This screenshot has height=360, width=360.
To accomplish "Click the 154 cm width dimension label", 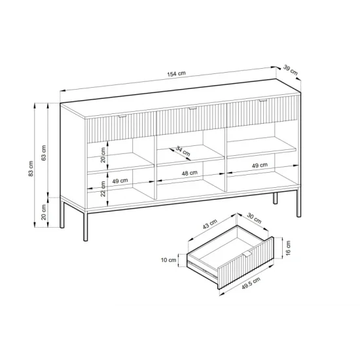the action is (x=176, y=74).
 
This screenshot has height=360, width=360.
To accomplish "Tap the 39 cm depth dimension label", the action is (x=291, y=70).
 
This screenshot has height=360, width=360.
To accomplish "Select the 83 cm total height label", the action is (x=31, y=168).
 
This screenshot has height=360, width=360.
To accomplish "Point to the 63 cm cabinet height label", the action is (x=44, y=153).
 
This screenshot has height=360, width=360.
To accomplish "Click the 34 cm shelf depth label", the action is (x=183, y=151).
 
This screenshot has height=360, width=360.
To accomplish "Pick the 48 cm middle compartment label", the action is (x=189, y=173).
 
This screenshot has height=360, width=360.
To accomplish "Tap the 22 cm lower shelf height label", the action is (x=103, y=189).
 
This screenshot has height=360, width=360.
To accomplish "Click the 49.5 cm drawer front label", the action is (x=251, y=283).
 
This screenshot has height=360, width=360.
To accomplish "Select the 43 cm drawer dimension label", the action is (x=210, y=224).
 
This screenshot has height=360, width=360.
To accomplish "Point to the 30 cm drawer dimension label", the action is (x=254, y=218).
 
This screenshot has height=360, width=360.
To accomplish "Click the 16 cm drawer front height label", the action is (x=289, y=248).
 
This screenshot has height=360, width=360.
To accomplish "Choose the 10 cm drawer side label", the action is (x=168, y=260).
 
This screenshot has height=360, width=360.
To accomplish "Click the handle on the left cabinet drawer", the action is (x=122, y=117).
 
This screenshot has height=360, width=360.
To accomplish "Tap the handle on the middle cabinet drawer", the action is (x=193, y=109).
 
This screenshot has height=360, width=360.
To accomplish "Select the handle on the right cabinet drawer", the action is (x=263, y=101).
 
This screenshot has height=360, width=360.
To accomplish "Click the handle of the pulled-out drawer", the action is (x=247, y=254).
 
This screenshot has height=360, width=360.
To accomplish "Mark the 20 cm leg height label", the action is (x=44, y=212).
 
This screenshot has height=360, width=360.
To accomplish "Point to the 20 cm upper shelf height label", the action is (x=103, y=155).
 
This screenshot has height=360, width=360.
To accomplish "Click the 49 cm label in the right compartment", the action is (x=260, y=166).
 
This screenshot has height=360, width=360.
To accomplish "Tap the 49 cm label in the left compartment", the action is (x=120, y=181).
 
